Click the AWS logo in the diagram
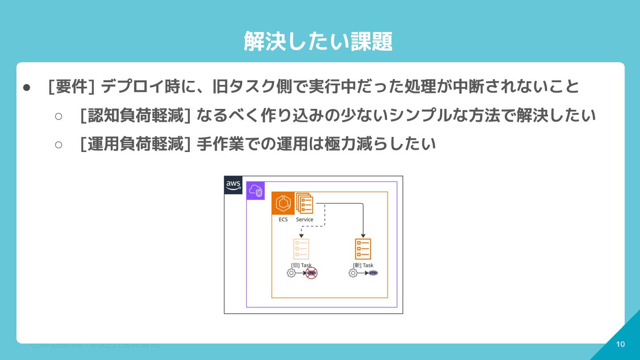[233, 185]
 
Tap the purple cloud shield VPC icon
[256, 191]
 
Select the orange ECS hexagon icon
[283, 204]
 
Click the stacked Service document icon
[304, 204]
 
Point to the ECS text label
[283, 220]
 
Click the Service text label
[304, 220]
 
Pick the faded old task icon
[301, 249]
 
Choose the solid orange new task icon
[363, 249]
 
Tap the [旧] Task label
[301, 265]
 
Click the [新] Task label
[363, 265]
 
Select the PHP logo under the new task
[373, 273]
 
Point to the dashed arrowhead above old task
[301, 236]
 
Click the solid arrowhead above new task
[363, 235]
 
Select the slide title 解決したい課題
[318, 42]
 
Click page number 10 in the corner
[620, 344]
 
